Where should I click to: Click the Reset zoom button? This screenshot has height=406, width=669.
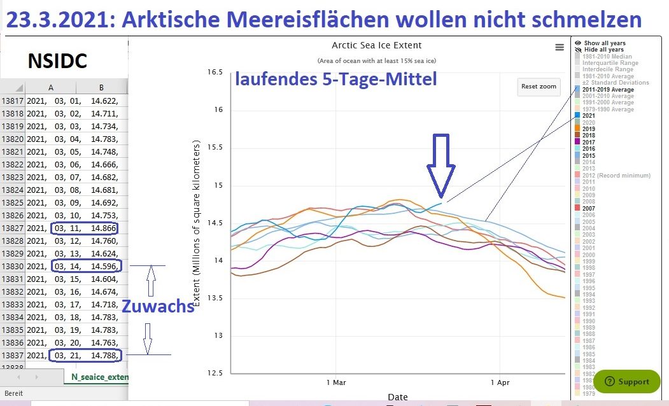click(x=539, y=86)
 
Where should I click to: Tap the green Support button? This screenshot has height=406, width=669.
click(x=627, y=381)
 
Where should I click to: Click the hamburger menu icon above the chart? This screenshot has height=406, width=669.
click(x=560, y=47)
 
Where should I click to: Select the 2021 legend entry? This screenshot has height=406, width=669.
click(x=589, y=115)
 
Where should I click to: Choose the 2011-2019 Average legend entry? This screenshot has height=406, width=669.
click(x=608, y=90)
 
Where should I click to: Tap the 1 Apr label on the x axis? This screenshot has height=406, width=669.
click(x=500, y=382)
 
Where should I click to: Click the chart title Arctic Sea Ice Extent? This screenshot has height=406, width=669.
click(x=377, y=45)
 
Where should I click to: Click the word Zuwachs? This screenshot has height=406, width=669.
click(x=158, y=306)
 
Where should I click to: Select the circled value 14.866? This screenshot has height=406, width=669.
click(x=104, y=228)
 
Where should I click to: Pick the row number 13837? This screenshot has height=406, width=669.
click(x=12, y=354)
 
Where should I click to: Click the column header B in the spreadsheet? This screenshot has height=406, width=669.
click(x=101, y=88)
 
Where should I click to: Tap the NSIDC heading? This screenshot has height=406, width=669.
click(x=57, y=61)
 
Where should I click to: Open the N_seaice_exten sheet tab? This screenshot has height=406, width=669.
click(x=99, y=377)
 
